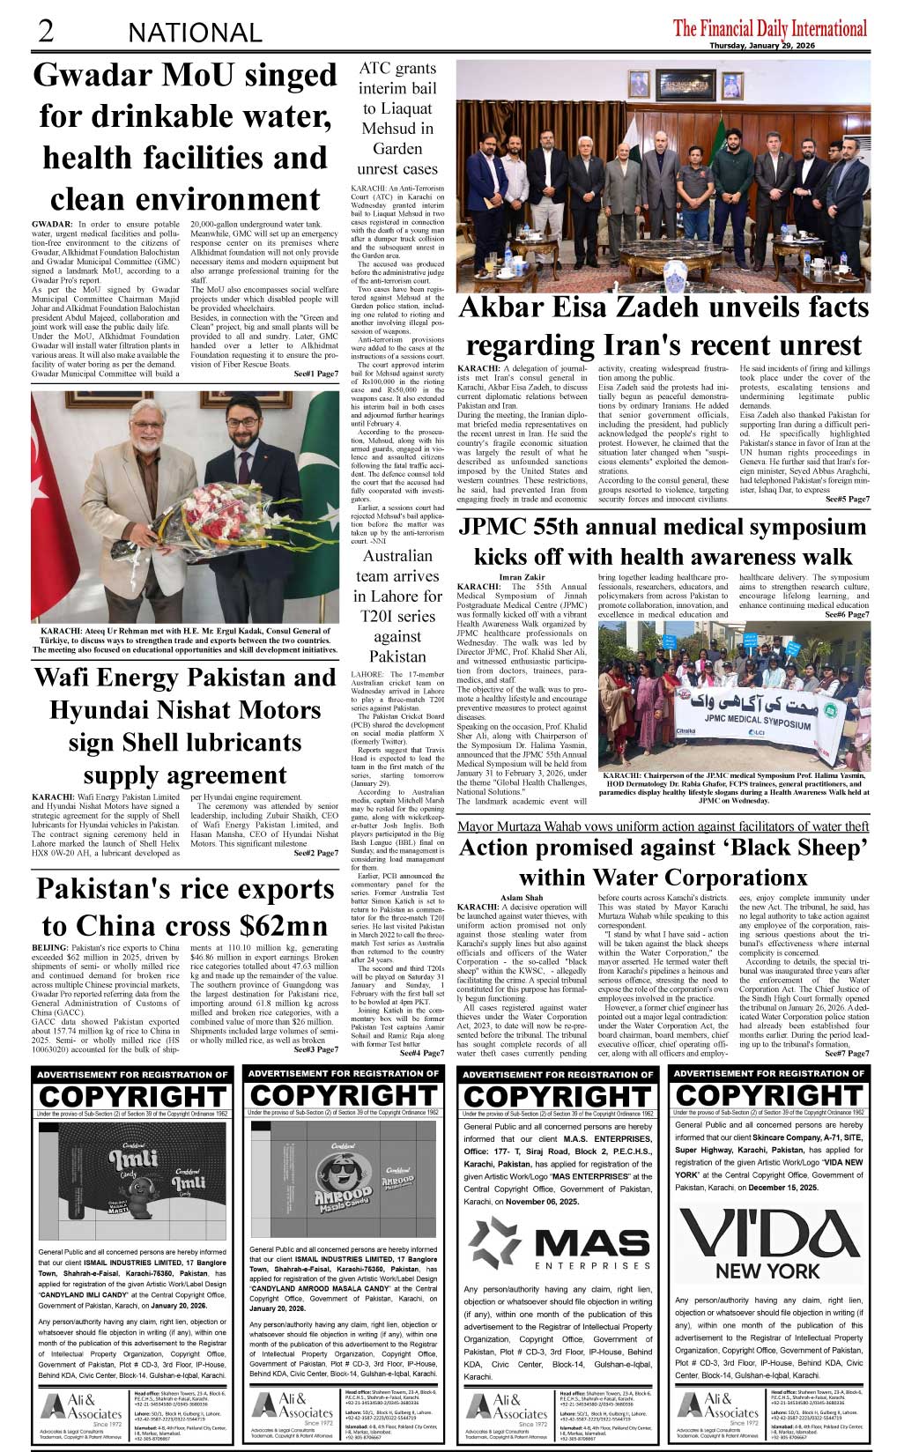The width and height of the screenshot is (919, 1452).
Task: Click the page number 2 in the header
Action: pos(45,31)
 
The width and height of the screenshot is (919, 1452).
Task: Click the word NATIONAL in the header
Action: pos(195,33)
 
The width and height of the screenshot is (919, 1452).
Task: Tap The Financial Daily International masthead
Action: pos(769,28)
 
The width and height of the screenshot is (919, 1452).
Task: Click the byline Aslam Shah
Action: pos(522,898)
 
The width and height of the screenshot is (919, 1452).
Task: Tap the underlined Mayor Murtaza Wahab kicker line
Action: pos(663,826)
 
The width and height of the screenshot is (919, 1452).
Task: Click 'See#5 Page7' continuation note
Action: pos(847,499)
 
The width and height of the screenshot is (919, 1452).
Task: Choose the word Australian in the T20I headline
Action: pos(397,556)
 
